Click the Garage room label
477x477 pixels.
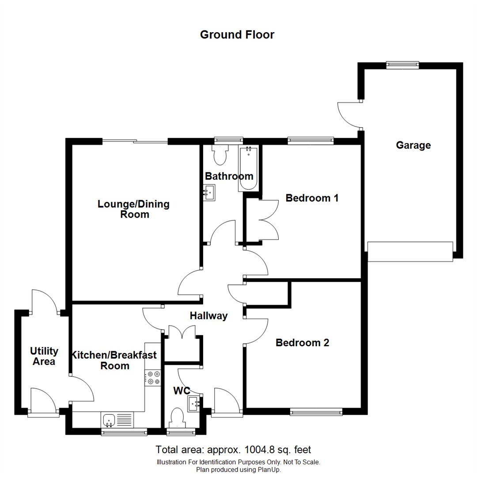pyautogui.click(x=413, y=145)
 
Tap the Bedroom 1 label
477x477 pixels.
pyautogui.click(x=312, y=198)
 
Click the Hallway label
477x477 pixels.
pyautogui.click(x=208, y=316)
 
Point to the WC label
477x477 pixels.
pyautogui.click(x=182, y=391)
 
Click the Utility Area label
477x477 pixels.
pyautogui.click(x=44, y=356)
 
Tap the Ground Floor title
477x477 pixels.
pyautogui.click(x=237, y=34)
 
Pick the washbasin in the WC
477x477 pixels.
pyautogui.click(x=194, y=404)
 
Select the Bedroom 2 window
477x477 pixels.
pyautogui.click(x=316, y=413)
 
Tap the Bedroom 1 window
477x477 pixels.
pyautogui.click(x=310, y=141)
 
